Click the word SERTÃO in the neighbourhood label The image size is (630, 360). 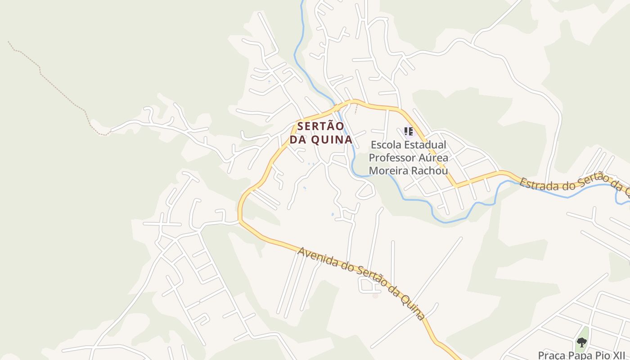pyautogui.click(x=321, y=126)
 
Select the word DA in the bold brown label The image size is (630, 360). pyautogui.click(x=298, y=140)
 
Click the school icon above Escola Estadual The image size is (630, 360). pyautogui.click(x=408, y=131)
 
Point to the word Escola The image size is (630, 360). pyautogui.click(x=385, y=145)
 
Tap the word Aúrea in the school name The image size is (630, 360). pyautogui.click(x=433, y=158)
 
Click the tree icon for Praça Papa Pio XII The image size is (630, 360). pyautogui.click(x=582, y=342)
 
